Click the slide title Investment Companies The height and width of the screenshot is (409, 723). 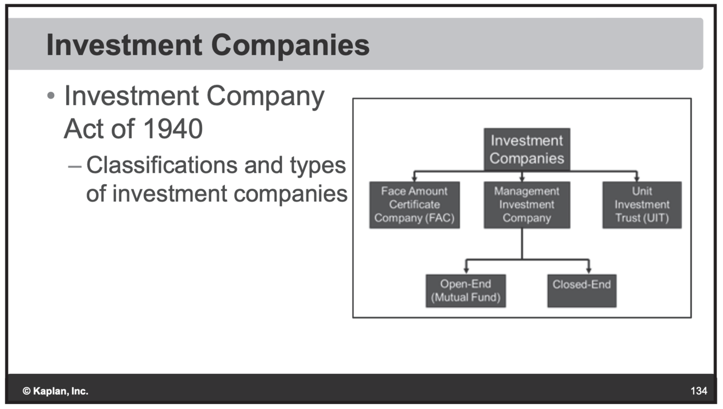coord(208,45)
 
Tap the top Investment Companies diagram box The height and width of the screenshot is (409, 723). coord(527,150)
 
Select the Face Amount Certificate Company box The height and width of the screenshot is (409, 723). coord(415,205)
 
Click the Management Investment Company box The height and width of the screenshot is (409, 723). coord(527,205)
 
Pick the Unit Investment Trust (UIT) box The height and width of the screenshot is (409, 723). coord(642,205)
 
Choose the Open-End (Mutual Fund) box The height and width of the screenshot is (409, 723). coord(466,291)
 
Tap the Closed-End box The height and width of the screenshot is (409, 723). coord(582,291)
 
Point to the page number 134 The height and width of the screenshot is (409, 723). coord(699,391)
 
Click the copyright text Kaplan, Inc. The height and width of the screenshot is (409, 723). coord(55,391)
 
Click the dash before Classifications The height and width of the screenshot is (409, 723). coord(76,166)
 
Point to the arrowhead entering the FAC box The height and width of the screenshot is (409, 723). coord(415,178)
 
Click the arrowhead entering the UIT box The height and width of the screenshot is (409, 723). coord(637,178)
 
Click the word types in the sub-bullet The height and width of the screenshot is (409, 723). coord(318,165)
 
